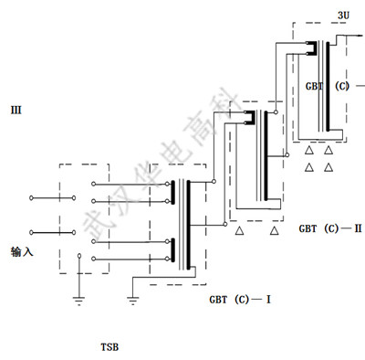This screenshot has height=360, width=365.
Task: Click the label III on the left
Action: [x=16, y=110]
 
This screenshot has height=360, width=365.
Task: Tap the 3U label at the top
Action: [x=343, y=16]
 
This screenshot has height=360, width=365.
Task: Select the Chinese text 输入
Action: [x=22, y=252]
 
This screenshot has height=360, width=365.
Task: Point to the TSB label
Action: [x=109, y=347]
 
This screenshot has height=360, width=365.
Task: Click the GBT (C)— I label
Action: [x=240, y=300]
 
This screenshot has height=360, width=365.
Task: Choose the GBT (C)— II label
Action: [x=330, y=228]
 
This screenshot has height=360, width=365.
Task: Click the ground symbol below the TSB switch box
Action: [x=79, y=301]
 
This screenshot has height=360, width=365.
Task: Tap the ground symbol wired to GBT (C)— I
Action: [x=132, y=301]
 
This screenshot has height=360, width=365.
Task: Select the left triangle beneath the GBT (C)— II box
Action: [x=239, y=231]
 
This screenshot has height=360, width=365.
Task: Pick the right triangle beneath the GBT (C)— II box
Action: [x=275, y=231]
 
